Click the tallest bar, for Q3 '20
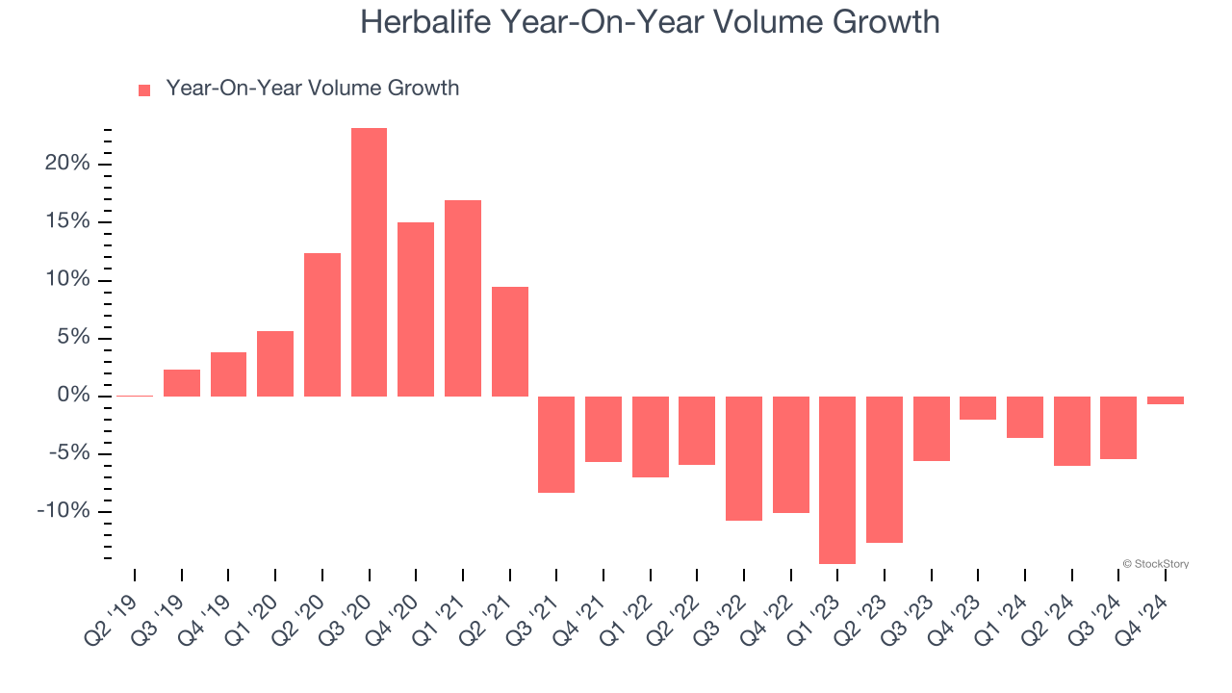[369, 262]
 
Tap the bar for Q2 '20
[322, 324]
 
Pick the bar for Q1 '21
[463, 298]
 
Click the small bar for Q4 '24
[1166, 400]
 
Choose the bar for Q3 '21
[556, 444]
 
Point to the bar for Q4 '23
[978, 408]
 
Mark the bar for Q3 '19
[182, 383]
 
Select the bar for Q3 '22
[744, 458]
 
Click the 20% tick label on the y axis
[66, 164]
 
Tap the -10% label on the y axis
[64, 511]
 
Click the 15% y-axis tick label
[66, 222]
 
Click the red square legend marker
[144, 90]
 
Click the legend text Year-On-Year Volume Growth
[312, 89]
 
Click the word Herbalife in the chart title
[424, 22]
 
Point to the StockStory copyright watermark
[1155, 564]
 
